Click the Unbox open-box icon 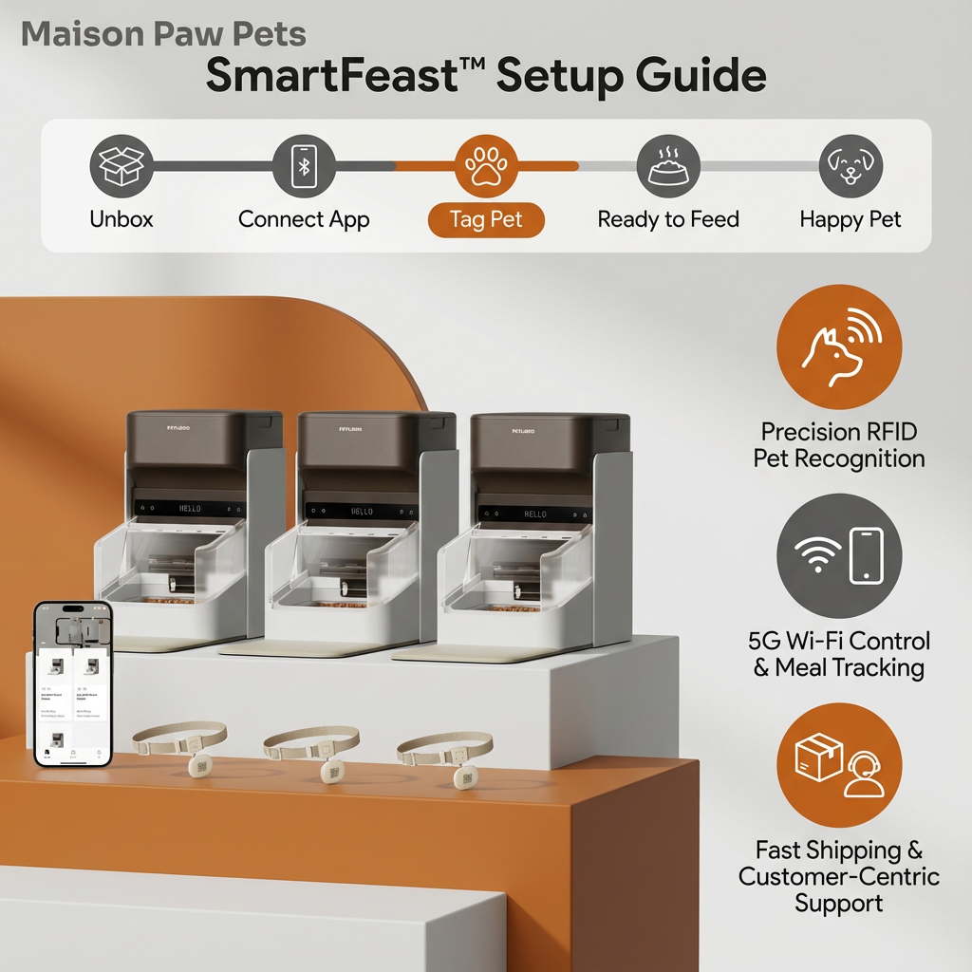point(121,166)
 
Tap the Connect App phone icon point(304,166)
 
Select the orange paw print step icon point(486,166)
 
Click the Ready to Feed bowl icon point(668,166)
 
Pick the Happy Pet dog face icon point(850,166)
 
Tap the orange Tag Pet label point(486,220)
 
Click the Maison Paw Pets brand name point(163,35)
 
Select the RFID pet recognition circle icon point(839,346)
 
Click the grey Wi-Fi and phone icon point(839,555)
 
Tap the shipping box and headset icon point(839,765)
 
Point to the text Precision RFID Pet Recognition point(839,445)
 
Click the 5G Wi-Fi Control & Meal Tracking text point(839,654)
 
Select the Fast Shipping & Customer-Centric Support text point(839,875)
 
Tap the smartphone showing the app point(73,682)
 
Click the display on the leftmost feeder point(190,509)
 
